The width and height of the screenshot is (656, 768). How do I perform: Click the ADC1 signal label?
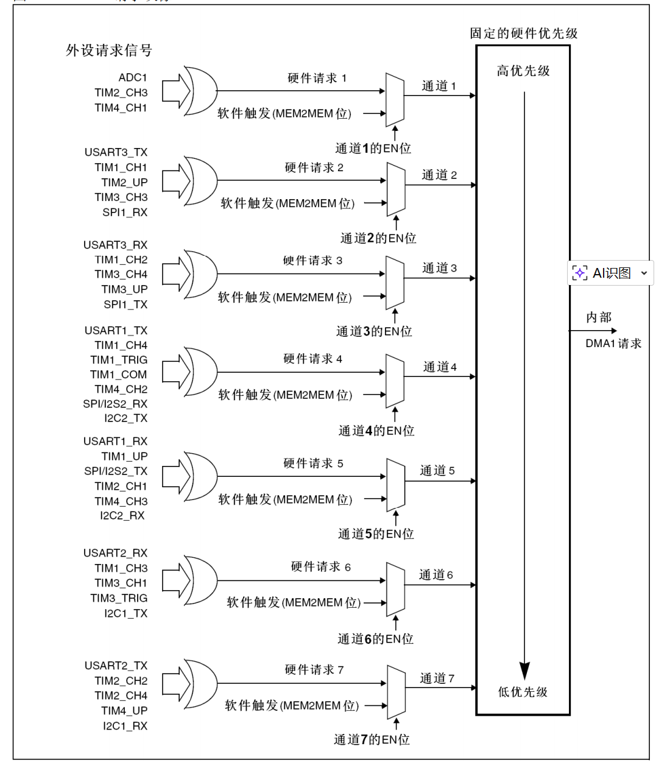tap(133, 77)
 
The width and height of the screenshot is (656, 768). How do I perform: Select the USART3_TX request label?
tap(116, 152)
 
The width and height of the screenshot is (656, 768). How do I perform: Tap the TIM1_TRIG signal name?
tap(119, 360)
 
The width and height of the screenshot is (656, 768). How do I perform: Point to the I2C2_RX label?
tap(122, 515)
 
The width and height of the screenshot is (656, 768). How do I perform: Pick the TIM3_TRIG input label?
tap(119, 598)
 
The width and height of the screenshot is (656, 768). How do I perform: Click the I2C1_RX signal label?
tap(125, 725)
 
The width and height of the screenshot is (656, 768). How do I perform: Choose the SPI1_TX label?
tap(125, 305)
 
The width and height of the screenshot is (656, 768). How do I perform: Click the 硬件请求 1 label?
tap(317, 78)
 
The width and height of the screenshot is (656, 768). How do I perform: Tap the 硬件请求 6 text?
tap(321, 566)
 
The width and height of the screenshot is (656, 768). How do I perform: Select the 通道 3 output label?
tap(439, 268)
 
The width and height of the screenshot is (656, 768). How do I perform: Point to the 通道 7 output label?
tap(437, 678)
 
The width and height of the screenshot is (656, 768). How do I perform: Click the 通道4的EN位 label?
tap(376, 431)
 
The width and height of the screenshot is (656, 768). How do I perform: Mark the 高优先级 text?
tap(523, 71)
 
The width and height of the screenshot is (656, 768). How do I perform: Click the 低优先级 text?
tap(523, 692)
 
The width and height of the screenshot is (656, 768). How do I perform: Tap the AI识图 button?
tap(610, 273)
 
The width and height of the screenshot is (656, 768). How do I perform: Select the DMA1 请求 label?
tap(613, 343)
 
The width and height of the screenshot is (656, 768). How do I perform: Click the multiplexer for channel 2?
tap(396, 189)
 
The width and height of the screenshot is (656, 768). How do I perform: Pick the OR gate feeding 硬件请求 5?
tap(201, 476)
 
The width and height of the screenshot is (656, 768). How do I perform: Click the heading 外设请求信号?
tap(109, 50)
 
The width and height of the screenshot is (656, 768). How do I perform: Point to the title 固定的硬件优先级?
tap(524, 33)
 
